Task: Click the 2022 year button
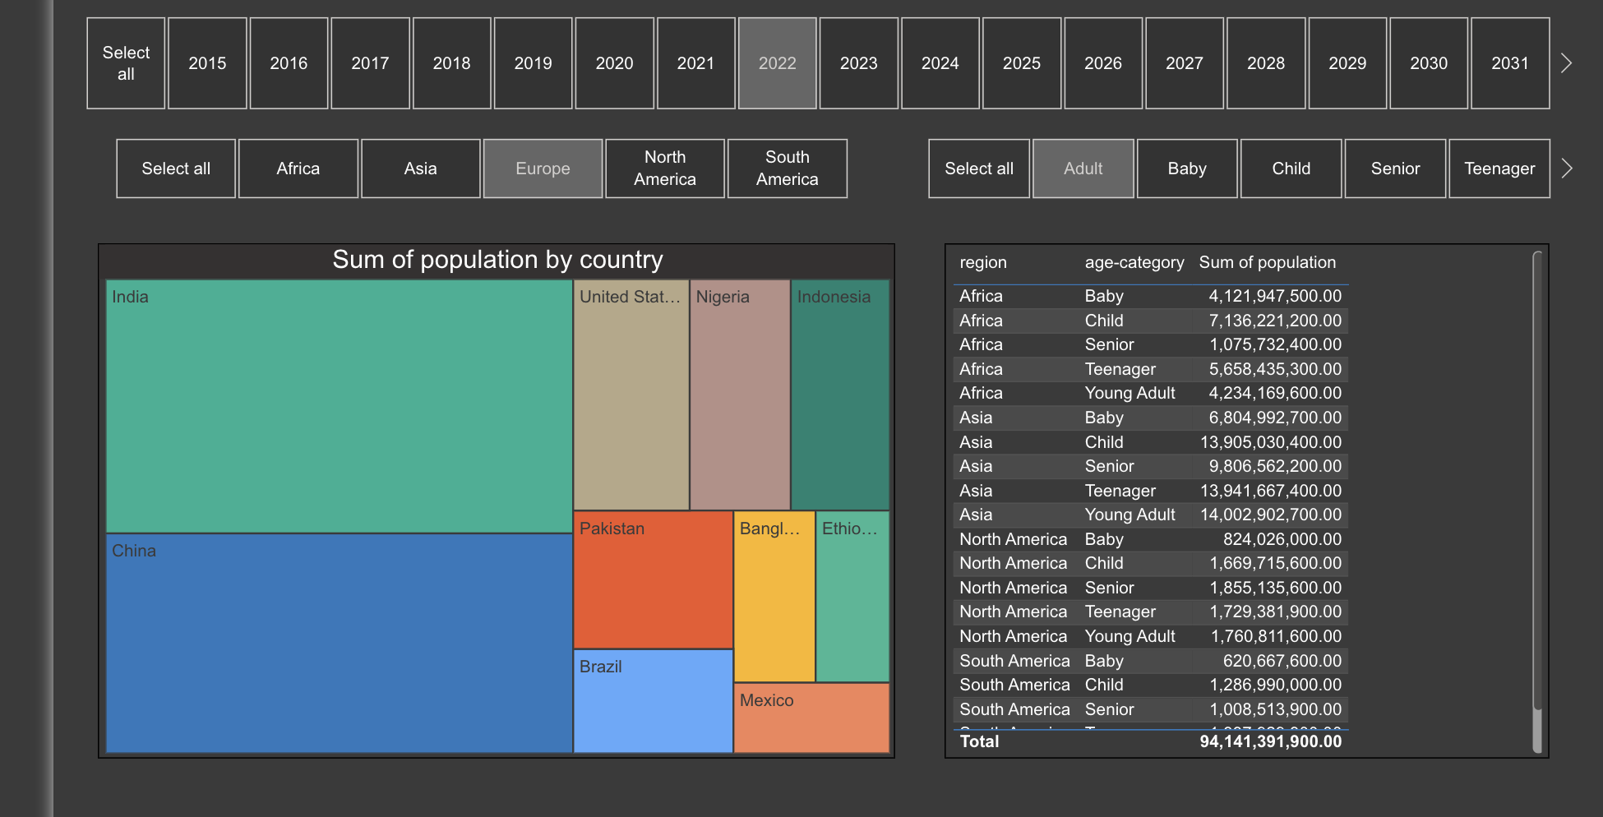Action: coord(777,63)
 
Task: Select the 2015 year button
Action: coord(207,63)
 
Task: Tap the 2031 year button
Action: coord(1509,63)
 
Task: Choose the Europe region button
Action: coord(543,168)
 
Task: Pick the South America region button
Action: coord(787,168)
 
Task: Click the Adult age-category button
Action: coord(1083,168)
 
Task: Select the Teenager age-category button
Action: coord(1499,168)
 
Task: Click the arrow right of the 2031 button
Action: coord(1566,63)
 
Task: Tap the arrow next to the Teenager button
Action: coord(1567,168)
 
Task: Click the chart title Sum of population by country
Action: coord(497,260)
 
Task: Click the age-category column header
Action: coord(1134,263)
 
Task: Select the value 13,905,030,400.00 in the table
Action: coord(1270,442)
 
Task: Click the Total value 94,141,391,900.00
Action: coord(1270,741)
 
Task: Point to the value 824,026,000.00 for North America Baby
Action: coord(1282,539)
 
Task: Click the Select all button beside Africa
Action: coord(176,168)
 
